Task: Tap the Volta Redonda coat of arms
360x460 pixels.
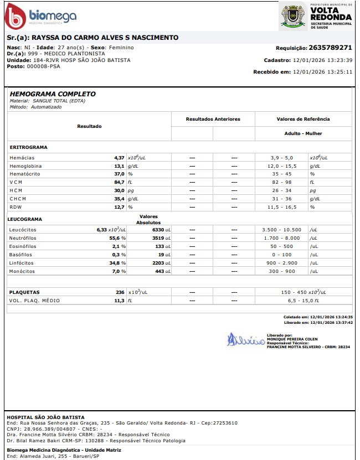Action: coord(292,16)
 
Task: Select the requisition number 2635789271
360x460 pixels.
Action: coord(331,48)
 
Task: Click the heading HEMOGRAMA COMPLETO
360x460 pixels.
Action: coord(53,94)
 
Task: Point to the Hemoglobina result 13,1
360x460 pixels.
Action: coord(119,166)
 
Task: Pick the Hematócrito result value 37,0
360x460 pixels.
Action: coord(119,174)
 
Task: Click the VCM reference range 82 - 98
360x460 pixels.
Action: coord(281,182)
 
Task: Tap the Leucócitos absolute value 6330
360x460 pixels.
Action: coord(158,230)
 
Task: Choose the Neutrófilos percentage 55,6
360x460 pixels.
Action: coord(116,238)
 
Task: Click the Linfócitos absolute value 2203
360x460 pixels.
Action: coord(158,263)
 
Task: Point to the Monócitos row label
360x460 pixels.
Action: coord(23,271)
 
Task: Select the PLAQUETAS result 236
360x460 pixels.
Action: coord(120,292)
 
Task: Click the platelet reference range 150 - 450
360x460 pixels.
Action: coord(294,292)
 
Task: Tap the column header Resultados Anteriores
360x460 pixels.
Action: coord(213,119)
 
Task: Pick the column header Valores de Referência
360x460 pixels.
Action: coord(303,119)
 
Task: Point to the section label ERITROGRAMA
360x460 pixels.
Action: coord(29,147)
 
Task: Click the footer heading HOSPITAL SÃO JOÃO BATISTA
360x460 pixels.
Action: coord(45,417)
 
